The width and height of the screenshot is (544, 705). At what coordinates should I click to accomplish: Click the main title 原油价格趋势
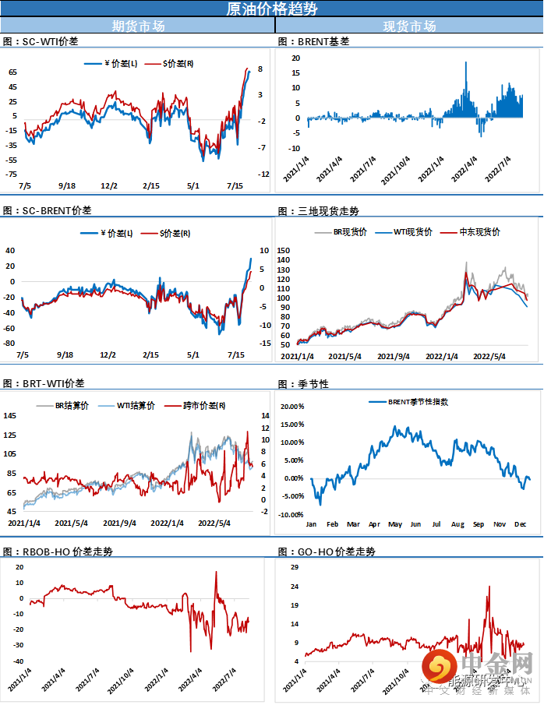(x=271, y=9)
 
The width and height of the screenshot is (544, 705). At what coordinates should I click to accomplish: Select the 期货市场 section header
(x=138, y=26)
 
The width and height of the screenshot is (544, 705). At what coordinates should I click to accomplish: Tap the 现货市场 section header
(x=409, y=26)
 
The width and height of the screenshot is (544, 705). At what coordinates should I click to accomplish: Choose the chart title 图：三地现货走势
(x=319, y=211)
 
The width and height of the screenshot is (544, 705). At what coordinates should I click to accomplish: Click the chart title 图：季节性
(x=303, y=384)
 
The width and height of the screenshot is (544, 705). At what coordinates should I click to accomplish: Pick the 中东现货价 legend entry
(x=479, y=231)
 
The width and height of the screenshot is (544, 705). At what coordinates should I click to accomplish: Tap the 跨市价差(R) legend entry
(x=204, y=405)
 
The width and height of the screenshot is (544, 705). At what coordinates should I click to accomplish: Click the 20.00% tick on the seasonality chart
(x=291, y=406)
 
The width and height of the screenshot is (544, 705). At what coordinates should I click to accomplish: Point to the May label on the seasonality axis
(x=394, y=524)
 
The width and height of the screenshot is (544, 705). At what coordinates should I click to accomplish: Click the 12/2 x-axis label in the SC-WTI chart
(x=110, y=185)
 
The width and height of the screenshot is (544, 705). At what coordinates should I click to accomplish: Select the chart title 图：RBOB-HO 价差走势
(x=58, y=551)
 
